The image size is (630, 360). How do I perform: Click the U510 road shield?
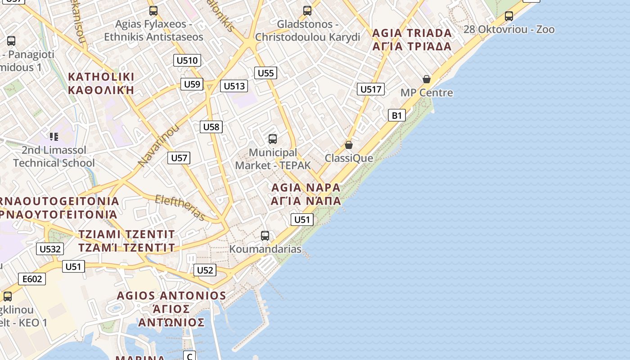pyautogui.click(x=187, y=60)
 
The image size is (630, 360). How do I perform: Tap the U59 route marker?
pyautogui.click(x=192, y=84)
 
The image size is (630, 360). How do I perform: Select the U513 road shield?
pyautogui.click(x=234, y=86)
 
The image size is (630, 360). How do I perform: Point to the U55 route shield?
pyautogui.click(x=265, y=73)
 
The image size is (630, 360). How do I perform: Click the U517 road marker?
pyautogui.click(x=371, y=89)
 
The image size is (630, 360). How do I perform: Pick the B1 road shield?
pyautogui.click(x=396, y=115)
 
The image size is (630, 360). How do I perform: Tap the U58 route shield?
pyautogui.click(x=211, y=127)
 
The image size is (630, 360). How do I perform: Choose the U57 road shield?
pyautogui.click(x=179, y=158)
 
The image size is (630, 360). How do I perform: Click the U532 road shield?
pyautogui.click(x=50, y=249)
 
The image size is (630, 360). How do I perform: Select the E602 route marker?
pyautogui.click(x=32, y=279)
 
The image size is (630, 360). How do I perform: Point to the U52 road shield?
pyautogui.click(x=205, y=270)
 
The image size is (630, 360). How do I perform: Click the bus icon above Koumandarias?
pyautogui.click(x=265, y=235)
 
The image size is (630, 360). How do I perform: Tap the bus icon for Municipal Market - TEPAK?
pyautogui.click(x=272, y=139)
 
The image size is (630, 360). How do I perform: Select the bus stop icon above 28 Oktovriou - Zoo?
pyautogui.click(x=509, y=16)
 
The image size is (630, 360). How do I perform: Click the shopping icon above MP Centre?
pyautogui.click(x=427, y=80)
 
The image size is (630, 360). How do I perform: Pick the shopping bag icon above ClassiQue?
pyautogui.click(x=348, y=145)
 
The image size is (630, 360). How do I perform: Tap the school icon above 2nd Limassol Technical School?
pyautogui.click(x=54, y=136)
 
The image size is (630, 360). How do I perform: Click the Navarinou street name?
pyautogui.click(x=158, y=145)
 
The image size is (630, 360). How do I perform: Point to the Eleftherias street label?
pyautogui.click(x=180, y=207)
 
